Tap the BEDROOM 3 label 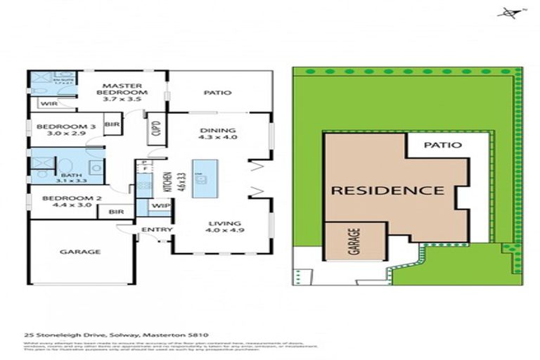pos(56,127)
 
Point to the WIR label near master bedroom pos(49,104)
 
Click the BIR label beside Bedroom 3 pos(112,124)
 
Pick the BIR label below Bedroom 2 pos(117,211)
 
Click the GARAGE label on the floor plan pos(79,251)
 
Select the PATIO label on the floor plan pos(218,92)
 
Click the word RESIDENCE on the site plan pos(387,191)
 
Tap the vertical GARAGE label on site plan pos(355,241)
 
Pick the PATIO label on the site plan pos(444,146)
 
